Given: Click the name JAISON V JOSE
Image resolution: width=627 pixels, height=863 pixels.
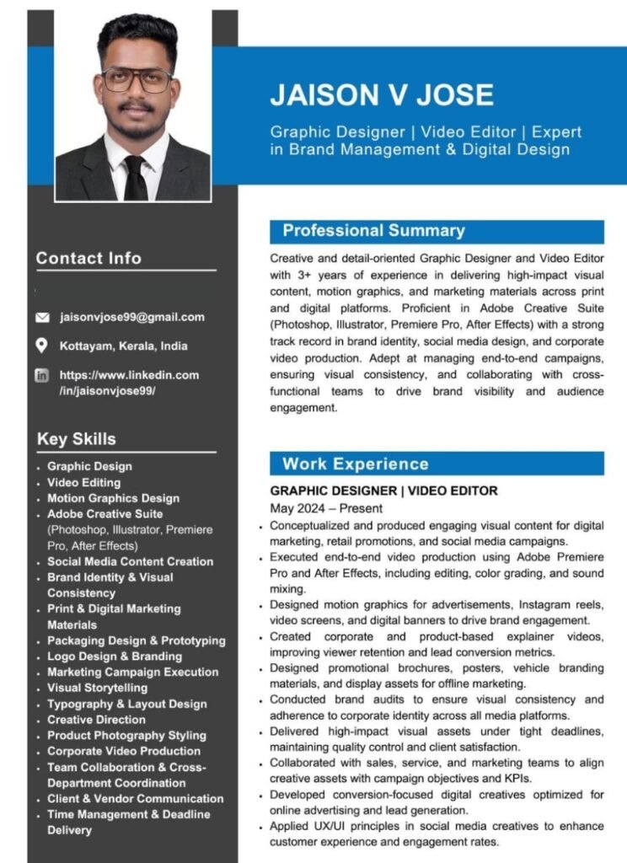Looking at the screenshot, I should pos(382,94).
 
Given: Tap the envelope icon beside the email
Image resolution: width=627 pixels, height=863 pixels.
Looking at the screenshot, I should pos(42,318).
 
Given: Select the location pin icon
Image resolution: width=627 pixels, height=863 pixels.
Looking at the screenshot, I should pos(42,346).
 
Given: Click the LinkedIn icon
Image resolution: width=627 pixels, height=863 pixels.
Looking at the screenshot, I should pos(42,375).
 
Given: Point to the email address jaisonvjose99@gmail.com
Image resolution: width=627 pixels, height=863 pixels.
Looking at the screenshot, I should pos(131,318).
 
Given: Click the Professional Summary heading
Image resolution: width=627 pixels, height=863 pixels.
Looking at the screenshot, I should pos(373,231).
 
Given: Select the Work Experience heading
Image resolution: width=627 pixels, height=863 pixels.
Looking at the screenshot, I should pos(355,464).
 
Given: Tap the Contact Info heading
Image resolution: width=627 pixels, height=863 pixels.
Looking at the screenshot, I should pos(88,259).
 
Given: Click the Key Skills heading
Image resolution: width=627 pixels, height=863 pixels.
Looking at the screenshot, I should pos(76,439).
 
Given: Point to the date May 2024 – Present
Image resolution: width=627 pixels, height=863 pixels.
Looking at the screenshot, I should pos(326,508).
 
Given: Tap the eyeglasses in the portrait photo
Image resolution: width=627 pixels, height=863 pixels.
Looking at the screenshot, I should pos(137,81).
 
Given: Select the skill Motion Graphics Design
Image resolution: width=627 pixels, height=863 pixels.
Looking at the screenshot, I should pos(113,498).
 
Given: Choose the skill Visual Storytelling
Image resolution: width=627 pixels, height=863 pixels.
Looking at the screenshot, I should pos(97,688).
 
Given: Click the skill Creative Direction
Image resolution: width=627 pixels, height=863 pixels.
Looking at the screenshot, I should pos(96,720).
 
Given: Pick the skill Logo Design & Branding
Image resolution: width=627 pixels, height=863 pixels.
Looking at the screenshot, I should pos(115,657).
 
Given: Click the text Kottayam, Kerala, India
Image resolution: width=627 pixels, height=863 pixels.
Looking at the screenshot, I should pos(123,346).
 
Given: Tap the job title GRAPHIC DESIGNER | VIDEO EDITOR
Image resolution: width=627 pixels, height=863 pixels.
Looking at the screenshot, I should pos(383,490).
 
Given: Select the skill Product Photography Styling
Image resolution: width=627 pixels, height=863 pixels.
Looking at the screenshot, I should pos(126,736).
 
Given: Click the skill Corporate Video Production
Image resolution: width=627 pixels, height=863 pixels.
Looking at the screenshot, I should pos(124,751).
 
